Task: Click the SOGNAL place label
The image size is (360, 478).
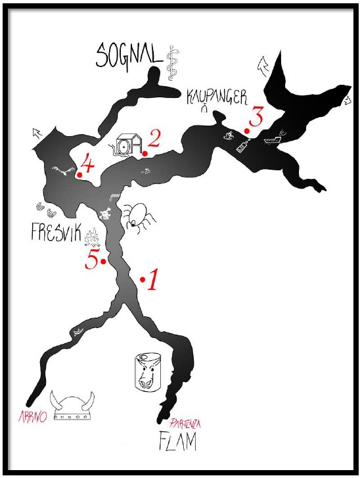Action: coord(129,57)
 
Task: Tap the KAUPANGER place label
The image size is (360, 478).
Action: coord(217,97)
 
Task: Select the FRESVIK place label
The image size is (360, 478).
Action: coord(56,233)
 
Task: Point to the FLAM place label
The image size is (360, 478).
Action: coord(177,441)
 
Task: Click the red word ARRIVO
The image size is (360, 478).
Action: coord(33,416)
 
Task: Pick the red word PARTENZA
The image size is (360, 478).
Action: coord(185,423)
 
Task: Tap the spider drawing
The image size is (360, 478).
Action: coord(139,218)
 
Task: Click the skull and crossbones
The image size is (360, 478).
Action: coord(105,214)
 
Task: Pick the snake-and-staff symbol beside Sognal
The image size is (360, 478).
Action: coord(173,63)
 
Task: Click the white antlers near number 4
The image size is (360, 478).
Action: coord(63,170)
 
